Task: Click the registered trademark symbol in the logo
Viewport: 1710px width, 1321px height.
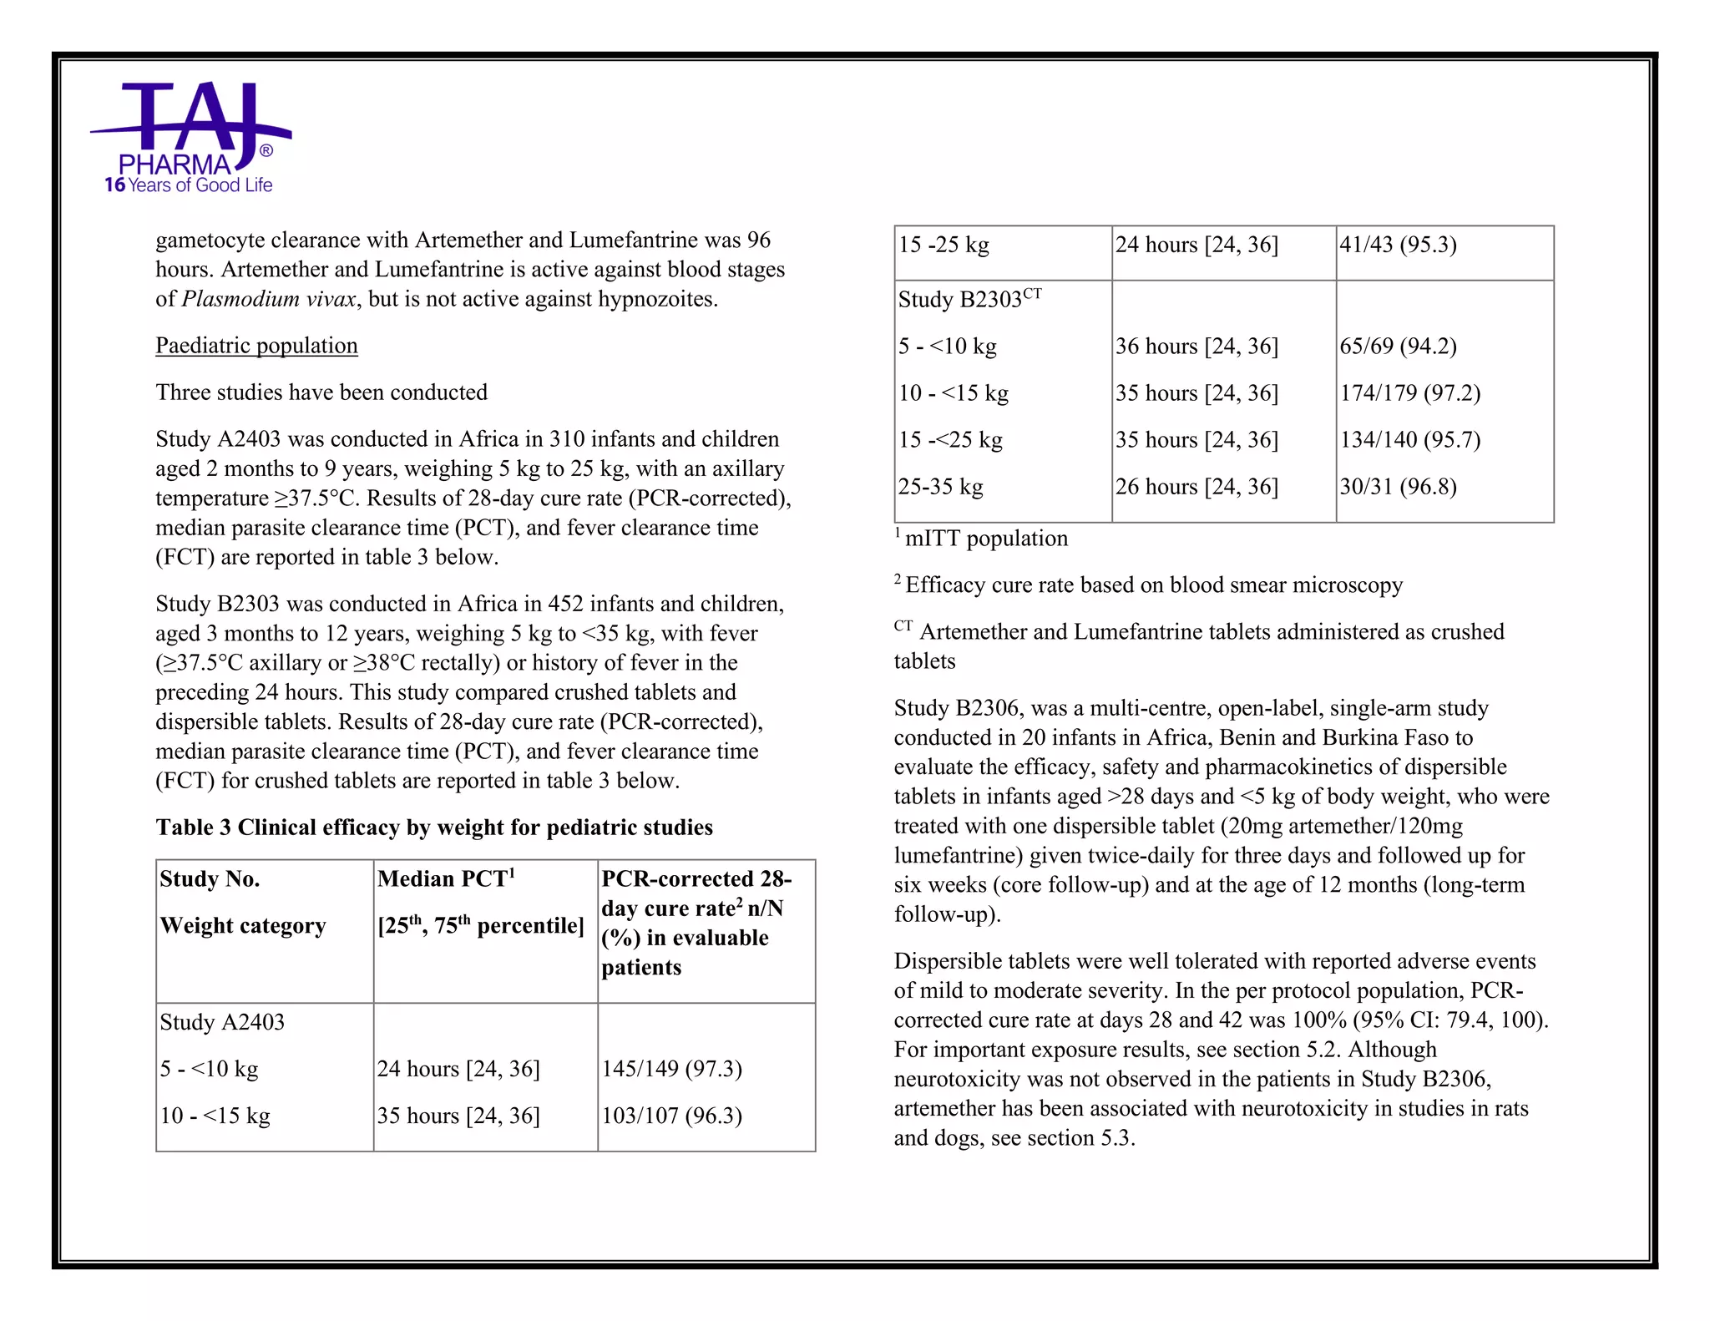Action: tap(266, 151)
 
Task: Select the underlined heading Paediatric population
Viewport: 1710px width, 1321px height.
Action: tap(256, 346)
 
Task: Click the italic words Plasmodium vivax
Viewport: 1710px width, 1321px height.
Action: tap(269, 299)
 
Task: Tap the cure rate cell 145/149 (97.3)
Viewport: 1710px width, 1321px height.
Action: tap(671, 1069)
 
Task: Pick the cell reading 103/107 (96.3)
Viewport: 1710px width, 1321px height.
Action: tap(671, 1116)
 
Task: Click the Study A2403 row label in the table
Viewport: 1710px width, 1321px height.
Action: tap(222, 1022)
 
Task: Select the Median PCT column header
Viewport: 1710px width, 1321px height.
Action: tap(446, 879)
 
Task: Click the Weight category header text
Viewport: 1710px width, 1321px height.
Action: tap(242, 926)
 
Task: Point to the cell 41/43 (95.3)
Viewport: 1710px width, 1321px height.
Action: tap(1398, 245)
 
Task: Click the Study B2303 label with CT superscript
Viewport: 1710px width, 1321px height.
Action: tap(969, 299)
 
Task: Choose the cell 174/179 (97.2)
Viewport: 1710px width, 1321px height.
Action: tap(1409, 392)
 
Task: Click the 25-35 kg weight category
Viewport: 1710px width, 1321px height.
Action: tap(940, 486)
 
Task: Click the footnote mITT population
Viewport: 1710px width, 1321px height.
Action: tap(985, 539)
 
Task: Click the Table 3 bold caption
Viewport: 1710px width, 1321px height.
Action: tap(434, 828)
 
